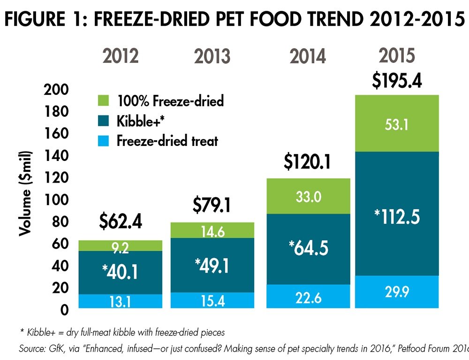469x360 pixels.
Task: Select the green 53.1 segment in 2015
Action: [x=397, y=123]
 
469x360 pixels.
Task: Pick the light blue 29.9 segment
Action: [x=397, y=292]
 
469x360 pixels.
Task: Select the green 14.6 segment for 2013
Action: [x=212, y=230]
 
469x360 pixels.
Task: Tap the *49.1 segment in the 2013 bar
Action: [x=212, y=265]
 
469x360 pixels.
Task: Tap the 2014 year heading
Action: [x=308, y=56]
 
